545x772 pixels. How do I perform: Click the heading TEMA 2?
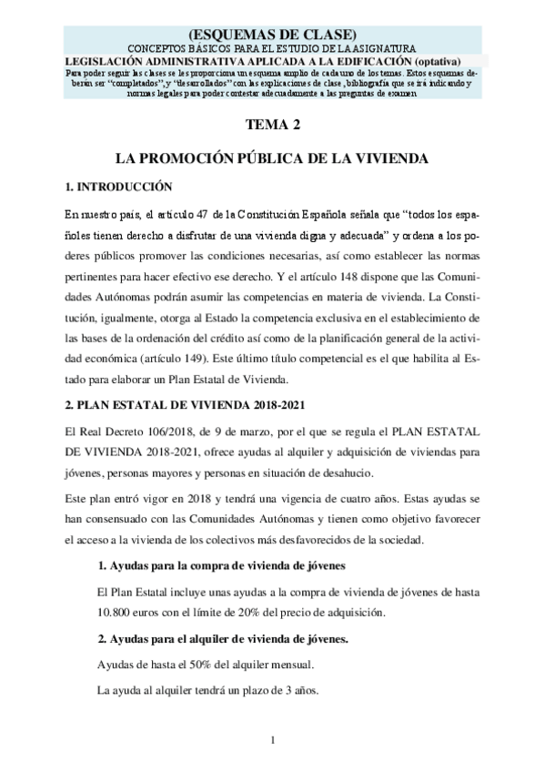pos(272,127)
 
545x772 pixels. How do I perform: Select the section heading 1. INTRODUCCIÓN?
pos(118,188)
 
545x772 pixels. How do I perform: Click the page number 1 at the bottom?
pos(272,738)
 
